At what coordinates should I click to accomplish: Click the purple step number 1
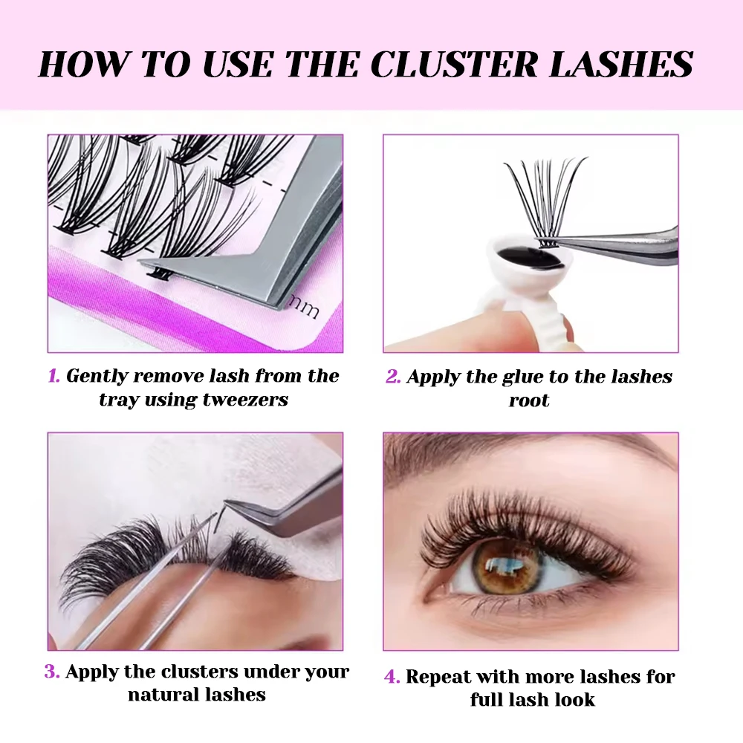pos(53,376)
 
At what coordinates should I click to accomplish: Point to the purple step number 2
pos(392,377)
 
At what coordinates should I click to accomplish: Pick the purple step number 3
pos(51,672)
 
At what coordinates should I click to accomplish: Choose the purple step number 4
pos(392,677)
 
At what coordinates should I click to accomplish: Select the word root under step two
pos(529,400)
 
